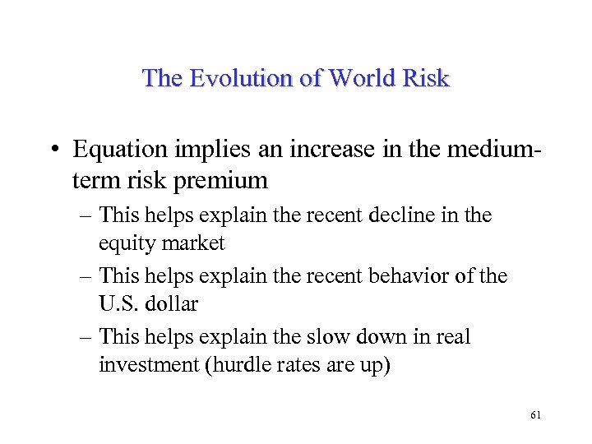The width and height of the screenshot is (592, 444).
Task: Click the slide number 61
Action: [536, 416]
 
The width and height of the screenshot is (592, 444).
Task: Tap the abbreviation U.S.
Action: [118, 303]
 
